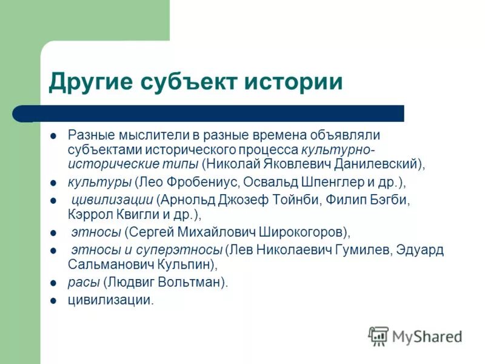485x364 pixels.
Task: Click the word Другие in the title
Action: click(x=91, y=82)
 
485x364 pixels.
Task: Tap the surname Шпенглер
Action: click(x=323, y=182)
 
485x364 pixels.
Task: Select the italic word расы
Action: click(x=83, y=282)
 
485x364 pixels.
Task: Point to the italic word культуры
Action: click(x=99, y=182)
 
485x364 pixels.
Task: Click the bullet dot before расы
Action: click(x=53, y=283)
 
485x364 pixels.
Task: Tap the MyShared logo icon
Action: click(x=378, y=335)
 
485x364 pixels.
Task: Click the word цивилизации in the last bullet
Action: click(x=110, y=300)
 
